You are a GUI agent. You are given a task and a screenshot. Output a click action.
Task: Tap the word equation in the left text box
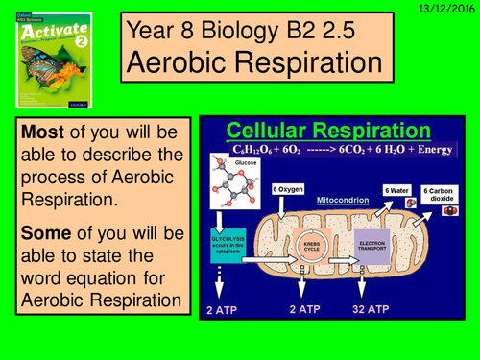click(74, 280)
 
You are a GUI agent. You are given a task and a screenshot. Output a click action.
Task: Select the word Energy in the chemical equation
click(427, 149)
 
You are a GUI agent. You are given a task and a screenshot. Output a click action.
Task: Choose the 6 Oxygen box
click(289, 190)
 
